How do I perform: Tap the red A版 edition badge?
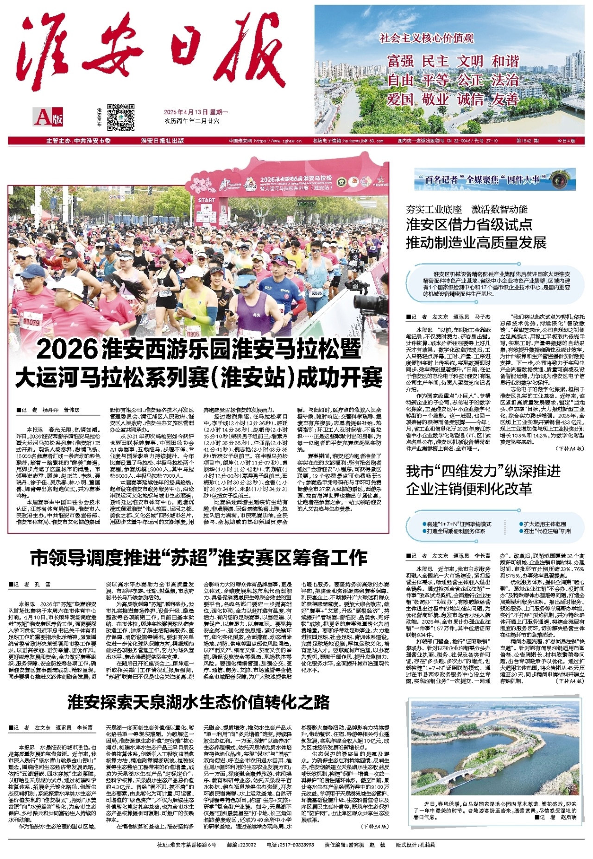click(x=48, y=117)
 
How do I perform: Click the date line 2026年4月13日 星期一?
click(x=196, y=112)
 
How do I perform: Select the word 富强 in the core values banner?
click(x=400, y=61)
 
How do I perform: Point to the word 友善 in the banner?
click(x=505, y=99)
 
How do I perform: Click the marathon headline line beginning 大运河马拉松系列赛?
click(x=199, y=377)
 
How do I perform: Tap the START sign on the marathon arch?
click(x=207, y=200)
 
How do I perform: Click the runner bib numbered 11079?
click(x=32, y=321)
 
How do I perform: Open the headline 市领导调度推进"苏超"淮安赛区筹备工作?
click(x=199, y=558)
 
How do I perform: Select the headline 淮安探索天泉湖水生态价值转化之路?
click(x=199, y=702)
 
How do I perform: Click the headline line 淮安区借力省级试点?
click(x=469, y=224)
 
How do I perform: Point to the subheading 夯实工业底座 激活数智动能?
click(x=467, y=209)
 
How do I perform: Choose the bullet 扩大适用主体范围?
click(x=545, y=524)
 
